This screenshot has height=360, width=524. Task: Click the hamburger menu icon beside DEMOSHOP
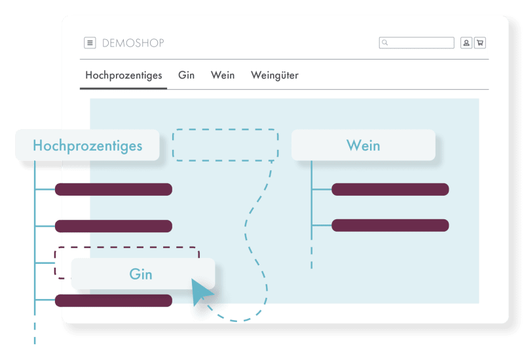(90, 43)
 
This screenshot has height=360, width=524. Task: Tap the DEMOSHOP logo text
(133, 43)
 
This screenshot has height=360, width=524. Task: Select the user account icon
(466, 43)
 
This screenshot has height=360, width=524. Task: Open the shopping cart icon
(480, 43)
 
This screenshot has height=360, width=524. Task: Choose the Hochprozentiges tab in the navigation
(124, 75)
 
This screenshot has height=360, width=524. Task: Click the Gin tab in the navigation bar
(186, 75)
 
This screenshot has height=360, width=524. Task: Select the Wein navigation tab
(223, 75)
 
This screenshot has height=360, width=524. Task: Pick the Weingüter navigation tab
(274, 75)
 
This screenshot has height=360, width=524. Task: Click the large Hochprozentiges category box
(87, 145)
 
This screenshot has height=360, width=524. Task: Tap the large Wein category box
(363, 145)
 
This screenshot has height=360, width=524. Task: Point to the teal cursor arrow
(201, 291)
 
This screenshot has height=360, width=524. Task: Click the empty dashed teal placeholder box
(225, 145)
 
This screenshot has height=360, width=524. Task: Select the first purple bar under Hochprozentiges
(113, 190)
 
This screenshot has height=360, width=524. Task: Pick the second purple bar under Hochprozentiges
(113, 226)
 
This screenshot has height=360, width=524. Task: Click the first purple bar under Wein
(390, 190)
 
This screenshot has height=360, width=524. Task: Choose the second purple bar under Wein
(390, 225)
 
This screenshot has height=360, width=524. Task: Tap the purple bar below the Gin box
(113, 300)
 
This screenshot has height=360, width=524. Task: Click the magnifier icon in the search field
(385, 43)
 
